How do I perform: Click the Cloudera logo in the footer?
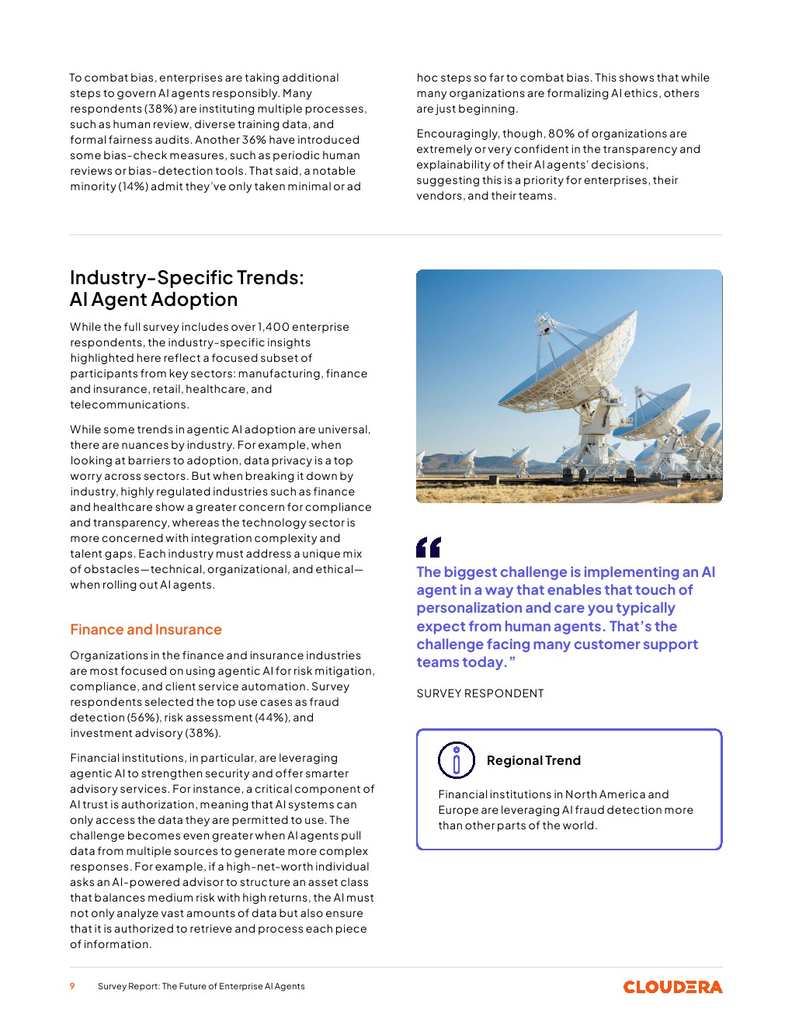point(672,987)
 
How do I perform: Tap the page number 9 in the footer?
point(72,986)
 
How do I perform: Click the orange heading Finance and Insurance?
point(146,630)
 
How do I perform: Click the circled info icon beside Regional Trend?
point(456,760)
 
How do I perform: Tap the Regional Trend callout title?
point(533,761)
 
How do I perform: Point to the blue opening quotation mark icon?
point(428,547)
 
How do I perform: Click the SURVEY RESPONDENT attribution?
point(480,693)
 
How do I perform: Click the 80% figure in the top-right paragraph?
point(561,134)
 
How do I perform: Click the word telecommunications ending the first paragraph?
point(129,405)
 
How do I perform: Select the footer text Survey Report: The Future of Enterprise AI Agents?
point(201,986)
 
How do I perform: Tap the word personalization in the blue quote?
point(468,608)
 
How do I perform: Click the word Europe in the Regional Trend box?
point(457,810)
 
